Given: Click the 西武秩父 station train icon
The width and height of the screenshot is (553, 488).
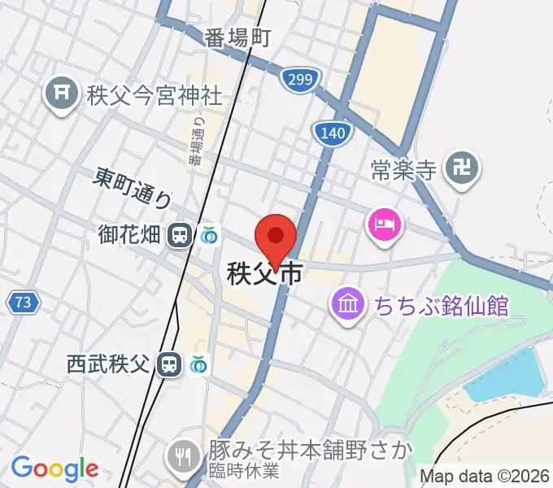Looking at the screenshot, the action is [x=169, y=364].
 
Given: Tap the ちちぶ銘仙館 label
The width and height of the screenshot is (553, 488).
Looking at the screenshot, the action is [x=441, y=307].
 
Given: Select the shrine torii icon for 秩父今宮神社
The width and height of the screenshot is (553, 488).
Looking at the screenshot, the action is [x=61, y=95].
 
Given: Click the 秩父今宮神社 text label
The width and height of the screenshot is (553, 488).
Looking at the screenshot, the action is [x=153, y=95].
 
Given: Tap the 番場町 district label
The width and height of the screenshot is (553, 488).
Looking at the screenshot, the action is [x=237, y=37].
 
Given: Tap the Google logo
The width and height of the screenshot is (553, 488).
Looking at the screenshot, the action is [x=54, y=468].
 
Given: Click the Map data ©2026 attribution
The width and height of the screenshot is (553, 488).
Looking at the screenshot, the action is [x=485, y=476].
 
